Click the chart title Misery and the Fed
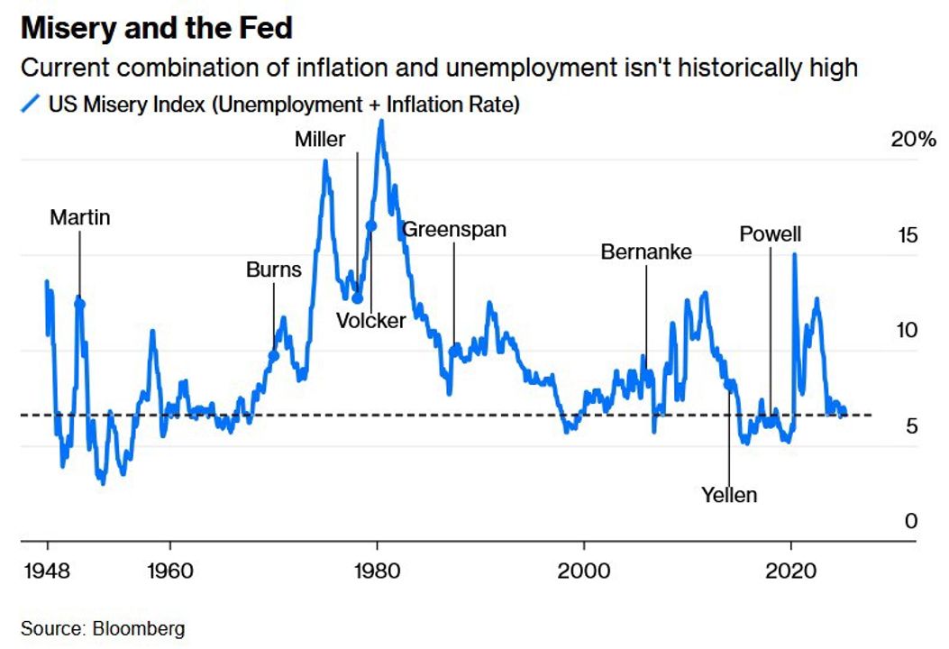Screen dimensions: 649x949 tap(156, 28)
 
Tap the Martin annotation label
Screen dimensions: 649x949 tap(79, 217)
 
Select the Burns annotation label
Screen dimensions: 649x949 tap(274, 270)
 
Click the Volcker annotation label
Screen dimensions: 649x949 tap(370, 320)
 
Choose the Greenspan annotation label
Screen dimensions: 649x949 tap(454, 229)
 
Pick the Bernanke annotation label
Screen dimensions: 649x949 tap(646, 252)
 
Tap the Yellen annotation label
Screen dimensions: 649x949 tap(729, 495)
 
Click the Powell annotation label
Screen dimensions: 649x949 tap(770, 235)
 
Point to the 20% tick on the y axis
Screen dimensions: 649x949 tap(913, 140)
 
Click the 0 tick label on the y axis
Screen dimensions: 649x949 tap(911, 521)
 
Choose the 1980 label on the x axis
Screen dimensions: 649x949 tap(377, 571)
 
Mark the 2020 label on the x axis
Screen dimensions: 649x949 tap(790, 571)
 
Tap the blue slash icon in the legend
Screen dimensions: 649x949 tap(31, 105)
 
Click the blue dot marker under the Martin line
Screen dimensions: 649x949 tap(79, 304)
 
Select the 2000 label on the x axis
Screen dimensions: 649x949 tap(583, 571)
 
